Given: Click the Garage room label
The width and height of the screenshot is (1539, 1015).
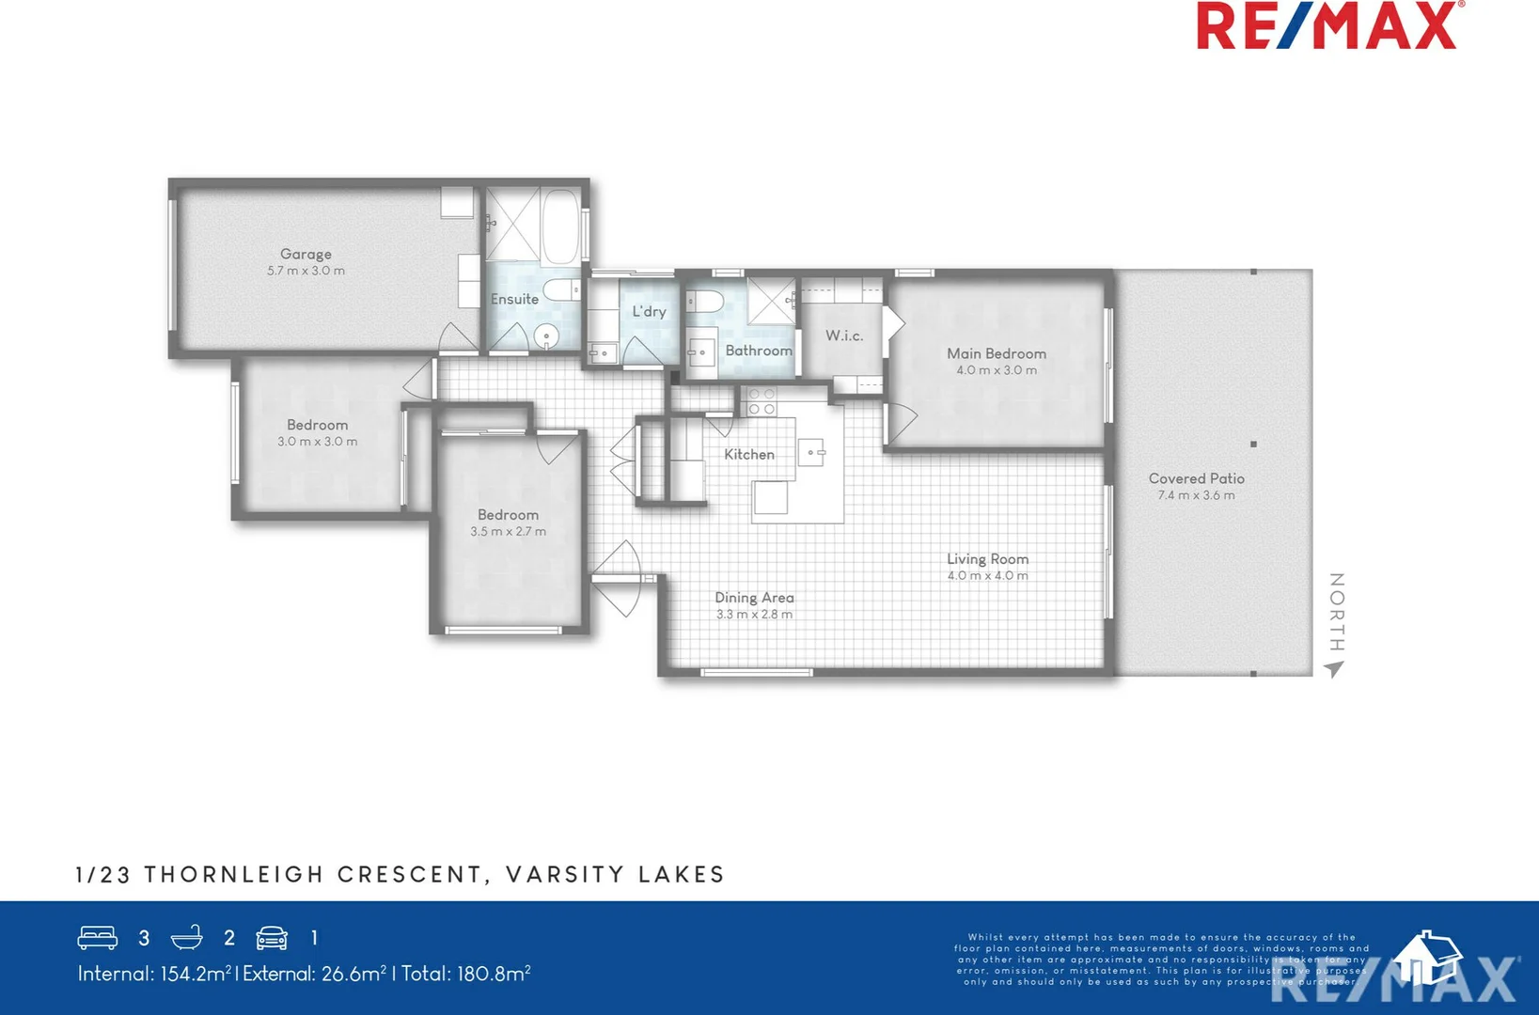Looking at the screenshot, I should [306, 254].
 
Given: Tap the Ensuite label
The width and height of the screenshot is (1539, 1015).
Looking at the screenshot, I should [514, 299].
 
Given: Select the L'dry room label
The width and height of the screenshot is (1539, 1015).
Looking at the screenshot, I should [649, 311].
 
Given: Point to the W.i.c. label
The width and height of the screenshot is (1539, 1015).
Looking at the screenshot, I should [844, 336].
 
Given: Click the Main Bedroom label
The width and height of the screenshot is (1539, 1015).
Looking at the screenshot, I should [997, 353].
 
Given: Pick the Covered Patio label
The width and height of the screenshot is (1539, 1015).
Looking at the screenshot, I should [1196, 478].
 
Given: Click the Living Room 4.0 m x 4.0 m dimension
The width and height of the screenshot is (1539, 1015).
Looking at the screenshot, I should [987, 576].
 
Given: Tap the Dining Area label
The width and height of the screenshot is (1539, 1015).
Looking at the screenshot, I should [754, 598].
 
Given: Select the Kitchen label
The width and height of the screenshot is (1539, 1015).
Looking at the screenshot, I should [749, 454].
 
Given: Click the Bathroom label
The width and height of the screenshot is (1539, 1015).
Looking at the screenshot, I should [759, 351].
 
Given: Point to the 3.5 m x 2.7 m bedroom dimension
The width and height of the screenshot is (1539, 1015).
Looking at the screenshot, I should [508, 532].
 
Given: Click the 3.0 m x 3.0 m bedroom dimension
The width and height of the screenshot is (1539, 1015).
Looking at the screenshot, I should [317, 442].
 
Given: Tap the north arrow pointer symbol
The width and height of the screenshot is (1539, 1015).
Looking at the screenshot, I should [1334, 669].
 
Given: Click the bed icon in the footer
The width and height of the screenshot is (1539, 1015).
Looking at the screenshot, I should [98, 937].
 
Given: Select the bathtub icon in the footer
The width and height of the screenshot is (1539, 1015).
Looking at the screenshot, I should [187, 937].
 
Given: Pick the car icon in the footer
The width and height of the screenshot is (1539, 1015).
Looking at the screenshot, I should [272, 937].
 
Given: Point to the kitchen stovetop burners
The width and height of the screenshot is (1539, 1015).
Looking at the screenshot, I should [761, 402].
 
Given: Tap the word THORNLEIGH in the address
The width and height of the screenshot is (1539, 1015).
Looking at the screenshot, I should [233, 875].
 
